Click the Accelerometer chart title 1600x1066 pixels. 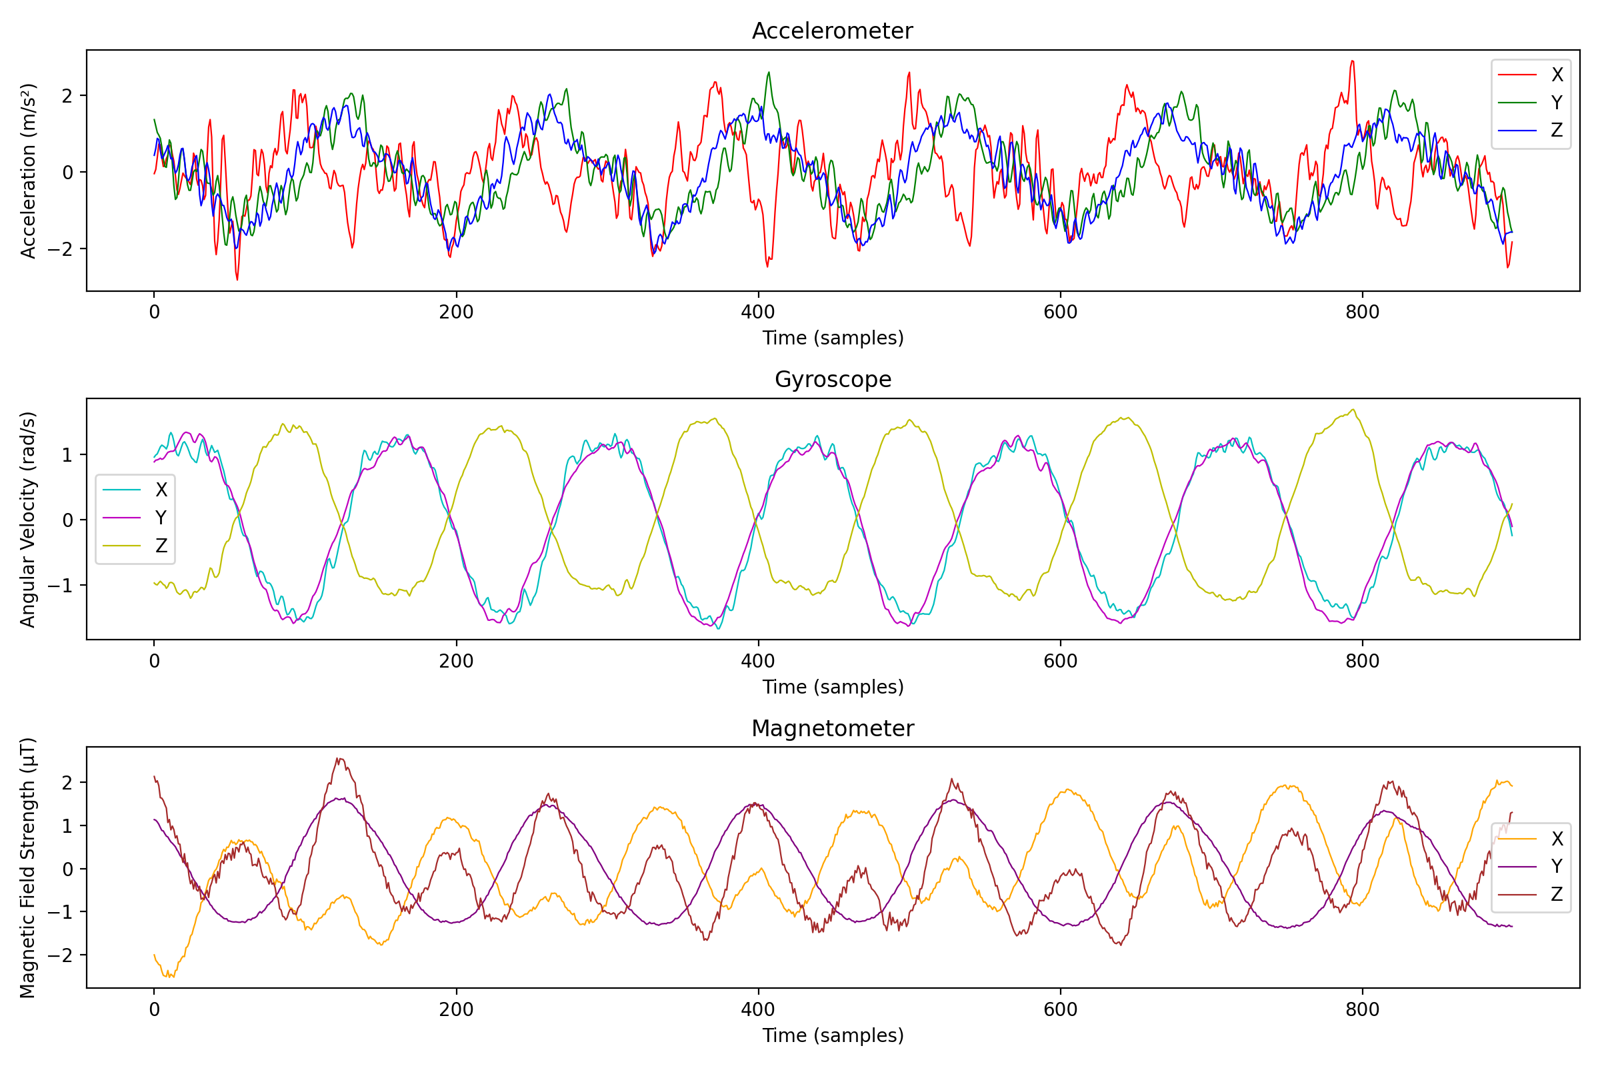coord(832,31)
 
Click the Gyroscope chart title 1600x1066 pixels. coord(833,379)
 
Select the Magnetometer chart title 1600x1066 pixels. coord(833,729)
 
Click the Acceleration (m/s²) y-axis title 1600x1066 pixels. coord(28,171)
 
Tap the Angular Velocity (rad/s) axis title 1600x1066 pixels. coord(28,520)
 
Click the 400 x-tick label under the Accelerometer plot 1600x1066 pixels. coord(758,312)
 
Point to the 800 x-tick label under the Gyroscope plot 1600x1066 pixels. coord(1362,661)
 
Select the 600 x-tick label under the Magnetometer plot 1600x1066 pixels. coord(1060,1009)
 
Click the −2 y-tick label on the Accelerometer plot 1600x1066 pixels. coord(59,249)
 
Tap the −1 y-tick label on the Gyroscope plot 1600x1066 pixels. coord(59,586)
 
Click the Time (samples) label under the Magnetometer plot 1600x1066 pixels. coord(833,1035)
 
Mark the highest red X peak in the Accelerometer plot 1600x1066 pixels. coord(1353,62)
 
